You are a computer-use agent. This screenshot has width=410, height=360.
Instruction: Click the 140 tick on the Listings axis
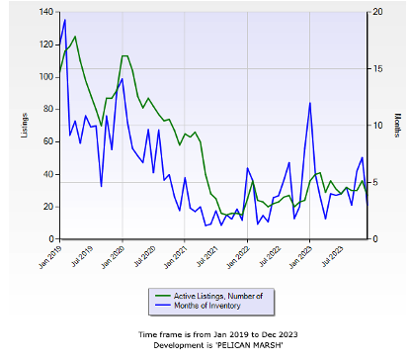pos(45,12)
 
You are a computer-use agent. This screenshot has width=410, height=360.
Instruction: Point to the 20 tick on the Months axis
pos(378,12)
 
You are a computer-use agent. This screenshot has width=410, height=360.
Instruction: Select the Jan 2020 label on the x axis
pos(114,257)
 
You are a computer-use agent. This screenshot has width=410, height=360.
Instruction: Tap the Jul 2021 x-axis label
pos(206,256)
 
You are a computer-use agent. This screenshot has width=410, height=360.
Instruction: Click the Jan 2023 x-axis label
pos(300,257)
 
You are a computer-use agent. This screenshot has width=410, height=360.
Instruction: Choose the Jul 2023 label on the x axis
pos(332,256)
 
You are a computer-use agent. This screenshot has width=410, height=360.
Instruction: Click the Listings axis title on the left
pos(24,126)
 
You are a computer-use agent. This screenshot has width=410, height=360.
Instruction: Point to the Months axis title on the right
pos(398,126)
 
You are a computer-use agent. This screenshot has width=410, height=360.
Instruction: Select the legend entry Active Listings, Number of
pos(218,296)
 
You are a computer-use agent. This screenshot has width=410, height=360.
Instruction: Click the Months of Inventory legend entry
pos(207,306)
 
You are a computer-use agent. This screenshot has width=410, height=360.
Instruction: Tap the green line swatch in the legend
pos(163,296)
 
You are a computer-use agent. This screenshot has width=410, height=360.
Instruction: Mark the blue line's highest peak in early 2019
pos(65,20)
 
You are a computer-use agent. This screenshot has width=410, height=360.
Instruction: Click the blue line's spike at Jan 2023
pos(310,103)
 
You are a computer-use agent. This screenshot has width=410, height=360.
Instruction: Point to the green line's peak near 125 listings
pos(75,37)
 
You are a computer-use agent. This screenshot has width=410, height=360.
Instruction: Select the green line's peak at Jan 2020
pos(124,55)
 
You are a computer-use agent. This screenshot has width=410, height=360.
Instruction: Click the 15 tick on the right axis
pos(378,69)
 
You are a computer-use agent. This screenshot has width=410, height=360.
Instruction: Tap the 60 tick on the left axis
pos(48,141)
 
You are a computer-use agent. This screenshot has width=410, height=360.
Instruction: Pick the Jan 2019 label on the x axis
pos(50,257)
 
